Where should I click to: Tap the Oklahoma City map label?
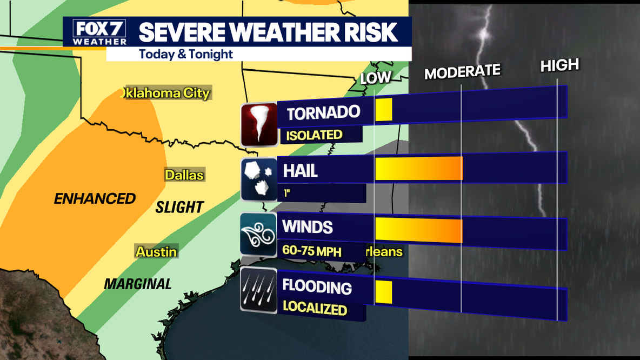[x=166, y=93]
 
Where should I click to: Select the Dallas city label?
[x=184, y=175]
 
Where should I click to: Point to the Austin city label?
[x=156, y=251]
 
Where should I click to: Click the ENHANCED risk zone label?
[x=95, y=199]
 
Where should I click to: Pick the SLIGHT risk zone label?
[x=179, y=207]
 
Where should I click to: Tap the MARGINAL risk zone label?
[x=138, y=283]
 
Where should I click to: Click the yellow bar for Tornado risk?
[x=383, y=110]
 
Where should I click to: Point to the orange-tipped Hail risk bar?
[x=418, y=169]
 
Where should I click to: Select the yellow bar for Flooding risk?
[x=383, y=292]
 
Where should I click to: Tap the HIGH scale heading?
[x=559, y=65]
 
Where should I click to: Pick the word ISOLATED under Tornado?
[x=314, y=135]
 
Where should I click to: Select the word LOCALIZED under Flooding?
[x=315, y=308]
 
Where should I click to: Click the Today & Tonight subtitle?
[x=186, y=54]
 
